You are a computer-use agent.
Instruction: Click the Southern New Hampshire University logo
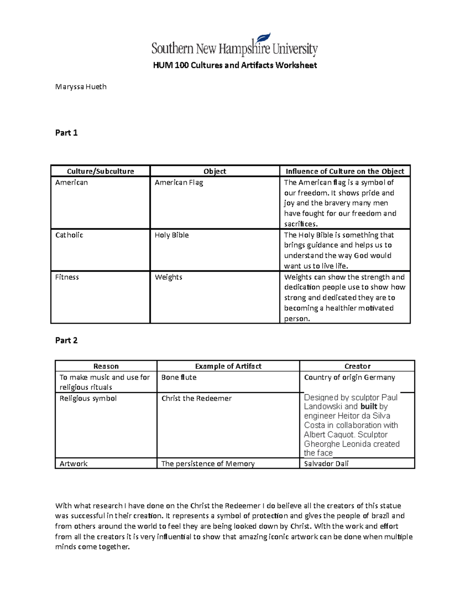coord(234,45)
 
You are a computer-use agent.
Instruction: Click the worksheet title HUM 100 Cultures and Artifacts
coord(235,65)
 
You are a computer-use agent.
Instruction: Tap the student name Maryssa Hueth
coord(81,87)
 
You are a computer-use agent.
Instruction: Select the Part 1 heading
coord(66,133)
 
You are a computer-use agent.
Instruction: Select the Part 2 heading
coord(66,340)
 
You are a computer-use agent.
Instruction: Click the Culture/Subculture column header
coord(100,171)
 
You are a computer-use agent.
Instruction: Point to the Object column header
coord(215,171)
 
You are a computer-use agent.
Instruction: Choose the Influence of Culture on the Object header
coord(345,171)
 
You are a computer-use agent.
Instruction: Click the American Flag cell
coord(179,182)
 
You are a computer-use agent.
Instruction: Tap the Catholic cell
coord(69,235)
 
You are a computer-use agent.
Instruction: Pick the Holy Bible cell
coord(172,235)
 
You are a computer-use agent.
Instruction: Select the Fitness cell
coord(67,277)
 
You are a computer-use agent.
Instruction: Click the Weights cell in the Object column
coord(168,277)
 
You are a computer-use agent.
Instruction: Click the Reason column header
coord(106,366)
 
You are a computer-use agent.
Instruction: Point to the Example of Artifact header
coord(228,366)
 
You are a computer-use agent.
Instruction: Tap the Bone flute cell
coord(179,377)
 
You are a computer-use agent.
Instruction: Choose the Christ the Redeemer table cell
coord(196,398)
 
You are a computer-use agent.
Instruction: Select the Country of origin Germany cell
coord(349,377)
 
